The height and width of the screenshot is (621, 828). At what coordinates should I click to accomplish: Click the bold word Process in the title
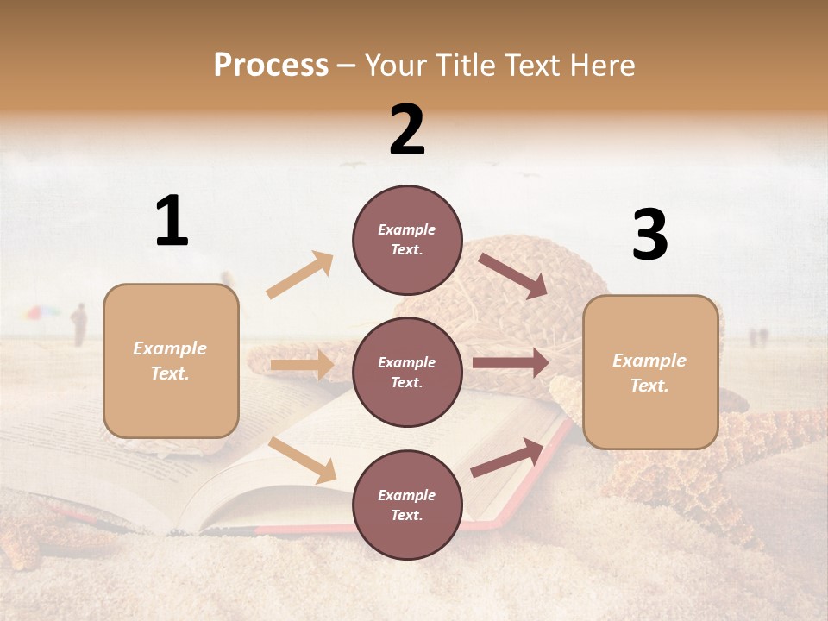[271, 66]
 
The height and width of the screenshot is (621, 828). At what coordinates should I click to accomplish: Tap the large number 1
[172, 222]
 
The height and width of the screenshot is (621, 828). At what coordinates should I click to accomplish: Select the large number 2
[407, 130]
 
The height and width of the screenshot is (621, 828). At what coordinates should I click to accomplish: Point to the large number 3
[649, 235]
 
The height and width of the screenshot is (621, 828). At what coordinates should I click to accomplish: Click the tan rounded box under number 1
[171, 361]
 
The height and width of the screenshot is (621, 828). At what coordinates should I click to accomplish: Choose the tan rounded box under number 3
[650, 372]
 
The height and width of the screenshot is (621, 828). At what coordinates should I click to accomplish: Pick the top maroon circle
[407, 239]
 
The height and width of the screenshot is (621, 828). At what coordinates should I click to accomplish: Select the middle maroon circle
[407, 372]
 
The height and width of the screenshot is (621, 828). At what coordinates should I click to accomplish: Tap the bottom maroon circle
[407, 505]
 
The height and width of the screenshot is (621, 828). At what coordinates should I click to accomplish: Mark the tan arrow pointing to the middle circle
[302, 365]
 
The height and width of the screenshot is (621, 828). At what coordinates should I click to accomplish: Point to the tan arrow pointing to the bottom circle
[303, 461]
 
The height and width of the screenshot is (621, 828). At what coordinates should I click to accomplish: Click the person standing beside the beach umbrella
[78, 324]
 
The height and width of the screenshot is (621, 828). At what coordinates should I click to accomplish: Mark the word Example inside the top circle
[406, 229]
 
